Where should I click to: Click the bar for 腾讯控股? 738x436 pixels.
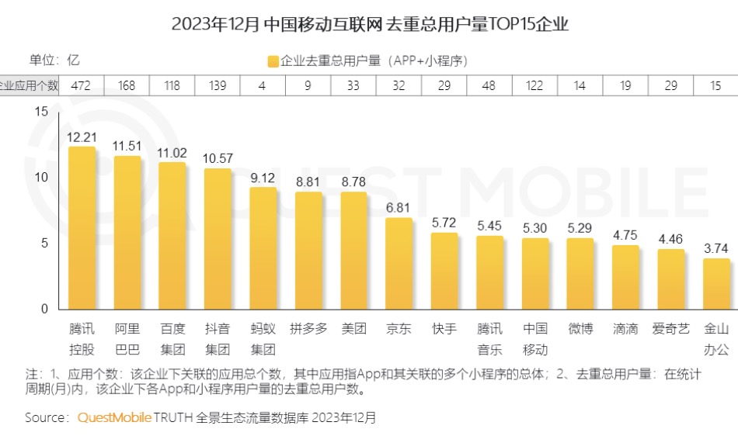pos(82,228)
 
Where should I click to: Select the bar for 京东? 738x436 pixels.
pos(399,264)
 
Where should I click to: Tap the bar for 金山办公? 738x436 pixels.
pos(716,284)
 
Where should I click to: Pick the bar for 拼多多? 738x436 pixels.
pos(308,251)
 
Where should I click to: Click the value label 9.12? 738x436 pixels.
pos(263,178)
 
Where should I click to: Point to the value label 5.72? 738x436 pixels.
pos(444,223)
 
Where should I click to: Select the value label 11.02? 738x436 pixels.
pos(172,153)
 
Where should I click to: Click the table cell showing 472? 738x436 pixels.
pos(81,85)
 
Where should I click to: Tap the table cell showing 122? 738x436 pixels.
pos(534,85)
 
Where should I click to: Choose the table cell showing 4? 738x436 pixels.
pos(262,85)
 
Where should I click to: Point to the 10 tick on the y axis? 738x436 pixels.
pos(41,177)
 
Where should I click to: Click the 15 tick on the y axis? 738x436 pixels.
pos(41,112)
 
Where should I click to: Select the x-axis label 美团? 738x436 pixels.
pos(353,328)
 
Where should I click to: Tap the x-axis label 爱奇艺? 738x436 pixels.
pos(670,328)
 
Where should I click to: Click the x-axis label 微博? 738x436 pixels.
pos(580,328)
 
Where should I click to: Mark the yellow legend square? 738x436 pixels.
pos(273,61)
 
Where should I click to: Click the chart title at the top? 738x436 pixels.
pos(370,24)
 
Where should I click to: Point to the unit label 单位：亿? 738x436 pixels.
pos(54,61)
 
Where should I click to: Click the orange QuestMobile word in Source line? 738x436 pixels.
pos(114,417)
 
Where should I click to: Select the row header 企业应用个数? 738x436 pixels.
pos(30,85)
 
